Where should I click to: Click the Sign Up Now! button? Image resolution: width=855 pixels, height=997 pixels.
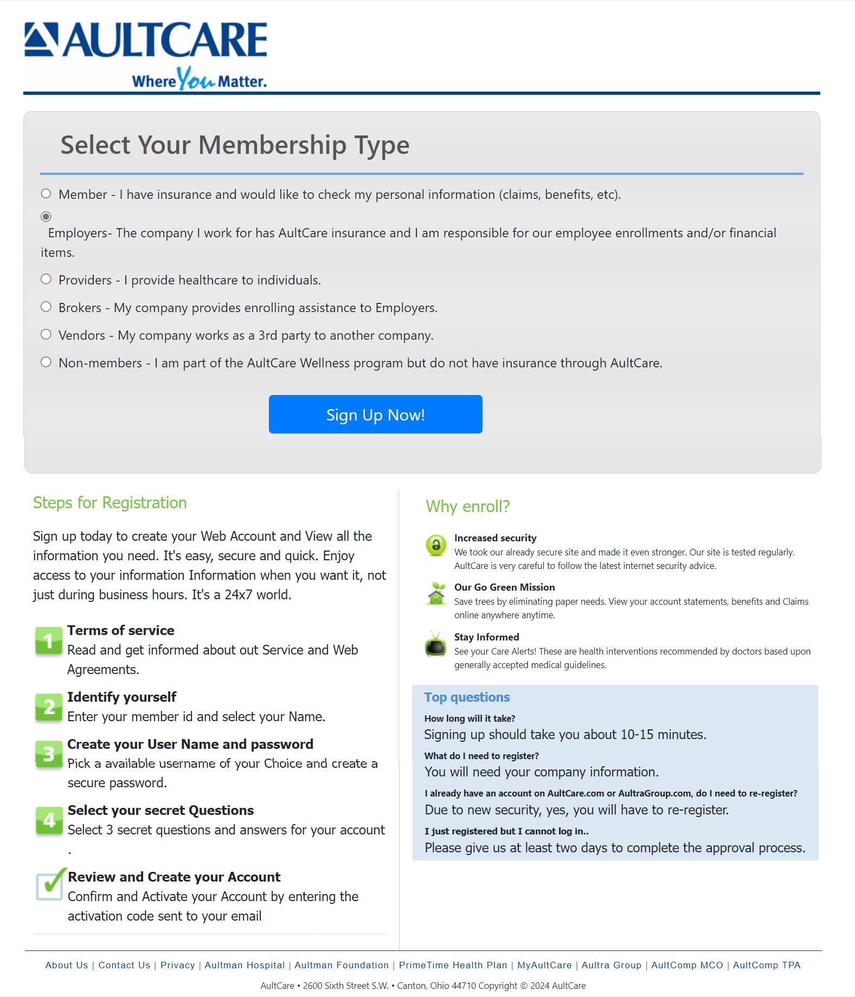tap(375, 414)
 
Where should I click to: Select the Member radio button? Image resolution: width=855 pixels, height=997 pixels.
tap(46, 193)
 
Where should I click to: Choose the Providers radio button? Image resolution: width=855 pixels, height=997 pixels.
tap(46, 279)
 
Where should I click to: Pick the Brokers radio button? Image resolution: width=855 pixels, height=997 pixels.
tap(46, 307)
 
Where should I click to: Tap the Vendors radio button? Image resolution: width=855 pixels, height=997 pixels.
tap(46, 334)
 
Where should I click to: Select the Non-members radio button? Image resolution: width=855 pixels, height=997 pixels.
tap(46, 362)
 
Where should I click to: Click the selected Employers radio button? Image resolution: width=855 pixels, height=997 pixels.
tap(46, 217)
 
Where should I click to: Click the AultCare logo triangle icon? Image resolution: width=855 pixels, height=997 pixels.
tap(41, 39)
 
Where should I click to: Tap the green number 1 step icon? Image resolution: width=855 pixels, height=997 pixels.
tap(49, 641)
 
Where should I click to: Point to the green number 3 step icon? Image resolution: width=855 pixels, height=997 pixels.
tap(49, 754)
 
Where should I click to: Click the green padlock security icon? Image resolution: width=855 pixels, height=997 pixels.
tap(436, 545)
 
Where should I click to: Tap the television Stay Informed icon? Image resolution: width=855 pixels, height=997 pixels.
tap(436, 645)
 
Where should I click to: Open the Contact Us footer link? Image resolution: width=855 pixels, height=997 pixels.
tap(124, 965)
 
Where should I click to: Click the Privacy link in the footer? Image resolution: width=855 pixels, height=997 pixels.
tap(177, 965)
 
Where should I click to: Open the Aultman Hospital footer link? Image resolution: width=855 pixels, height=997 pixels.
tap(245, 965)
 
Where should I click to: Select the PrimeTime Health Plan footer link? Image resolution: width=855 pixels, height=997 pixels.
tap(453, 965)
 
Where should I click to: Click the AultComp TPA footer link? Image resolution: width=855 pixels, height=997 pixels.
tap(767, 965)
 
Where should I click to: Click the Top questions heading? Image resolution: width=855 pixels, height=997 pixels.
tap(467, 697)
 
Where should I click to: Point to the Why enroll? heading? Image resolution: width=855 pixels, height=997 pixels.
tap(468, 506)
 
